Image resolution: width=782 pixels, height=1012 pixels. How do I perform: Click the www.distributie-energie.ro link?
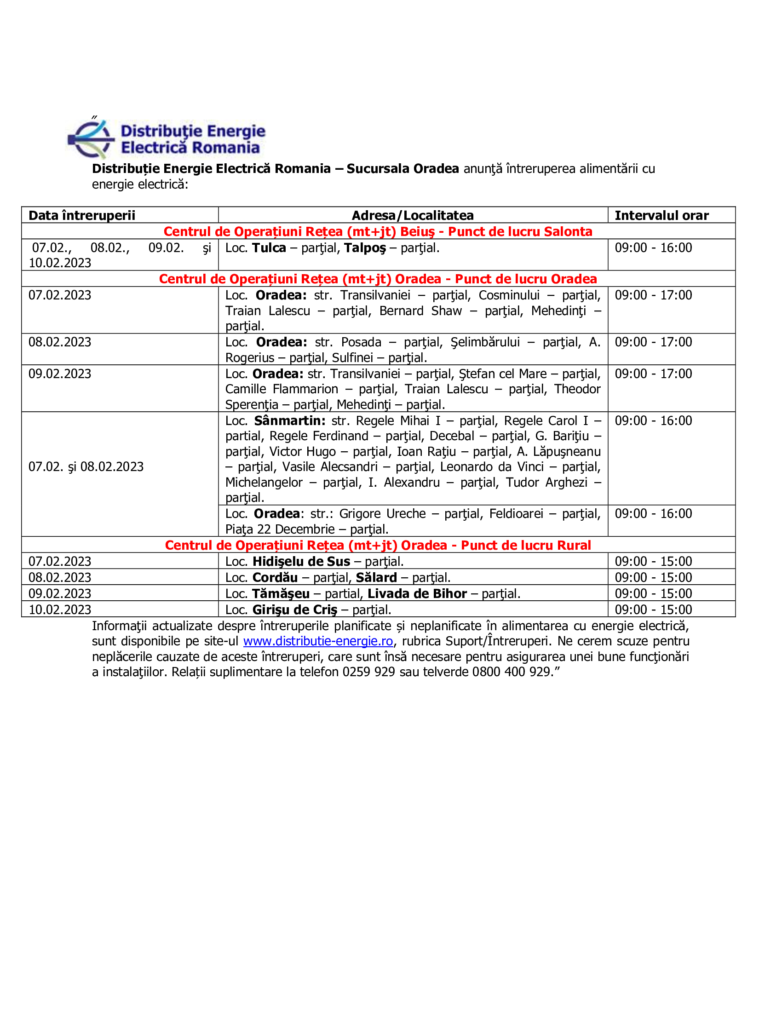(x=318, y=641)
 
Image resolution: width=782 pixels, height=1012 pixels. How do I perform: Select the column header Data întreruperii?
(x=82, y=215)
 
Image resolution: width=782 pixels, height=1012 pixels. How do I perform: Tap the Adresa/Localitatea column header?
(x=412, y=215)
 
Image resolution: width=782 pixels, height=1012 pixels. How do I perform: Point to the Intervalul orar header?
(x=661, y=215)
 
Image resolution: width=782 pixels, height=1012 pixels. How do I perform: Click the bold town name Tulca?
(x=269, y=248)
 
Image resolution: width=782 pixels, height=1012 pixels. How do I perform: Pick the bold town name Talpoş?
(x=365, y=248)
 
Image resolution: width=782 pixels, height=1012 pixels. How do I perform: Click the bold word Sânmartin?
(x=289, y=421)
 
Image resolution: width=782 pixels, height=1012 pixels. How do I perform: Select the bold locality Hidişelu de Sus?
(x=301, y=562)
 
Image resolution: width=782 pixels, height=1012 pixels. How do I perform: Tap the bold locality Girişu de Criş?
(x=295, y=610)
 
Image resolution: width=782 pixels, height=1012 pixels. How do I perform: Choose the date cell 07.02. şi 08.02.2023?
(x=86, y=466)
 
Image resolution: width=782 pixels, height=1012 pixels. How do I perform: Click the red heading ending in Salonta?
(x=378, y=232)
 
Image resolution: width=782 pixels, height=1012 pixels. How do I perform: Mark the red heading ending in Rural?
(x=378, y=546)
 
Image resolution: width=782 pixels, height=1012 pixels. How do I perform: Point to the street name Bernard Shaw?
(x=420, y=311)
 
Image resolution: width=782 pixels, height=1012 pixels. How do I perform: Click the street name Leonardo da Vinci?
(x=492, y=467)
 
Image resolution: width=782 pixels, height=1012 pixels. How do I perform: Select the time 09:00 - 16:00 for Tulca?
(x=653, y=248)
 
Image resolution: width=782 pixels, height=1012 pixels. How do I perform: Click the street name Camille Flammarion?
(x=282, y=389)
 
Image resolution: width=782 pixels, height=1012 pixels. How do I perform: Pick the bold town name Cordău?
(x=275, y=578)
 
